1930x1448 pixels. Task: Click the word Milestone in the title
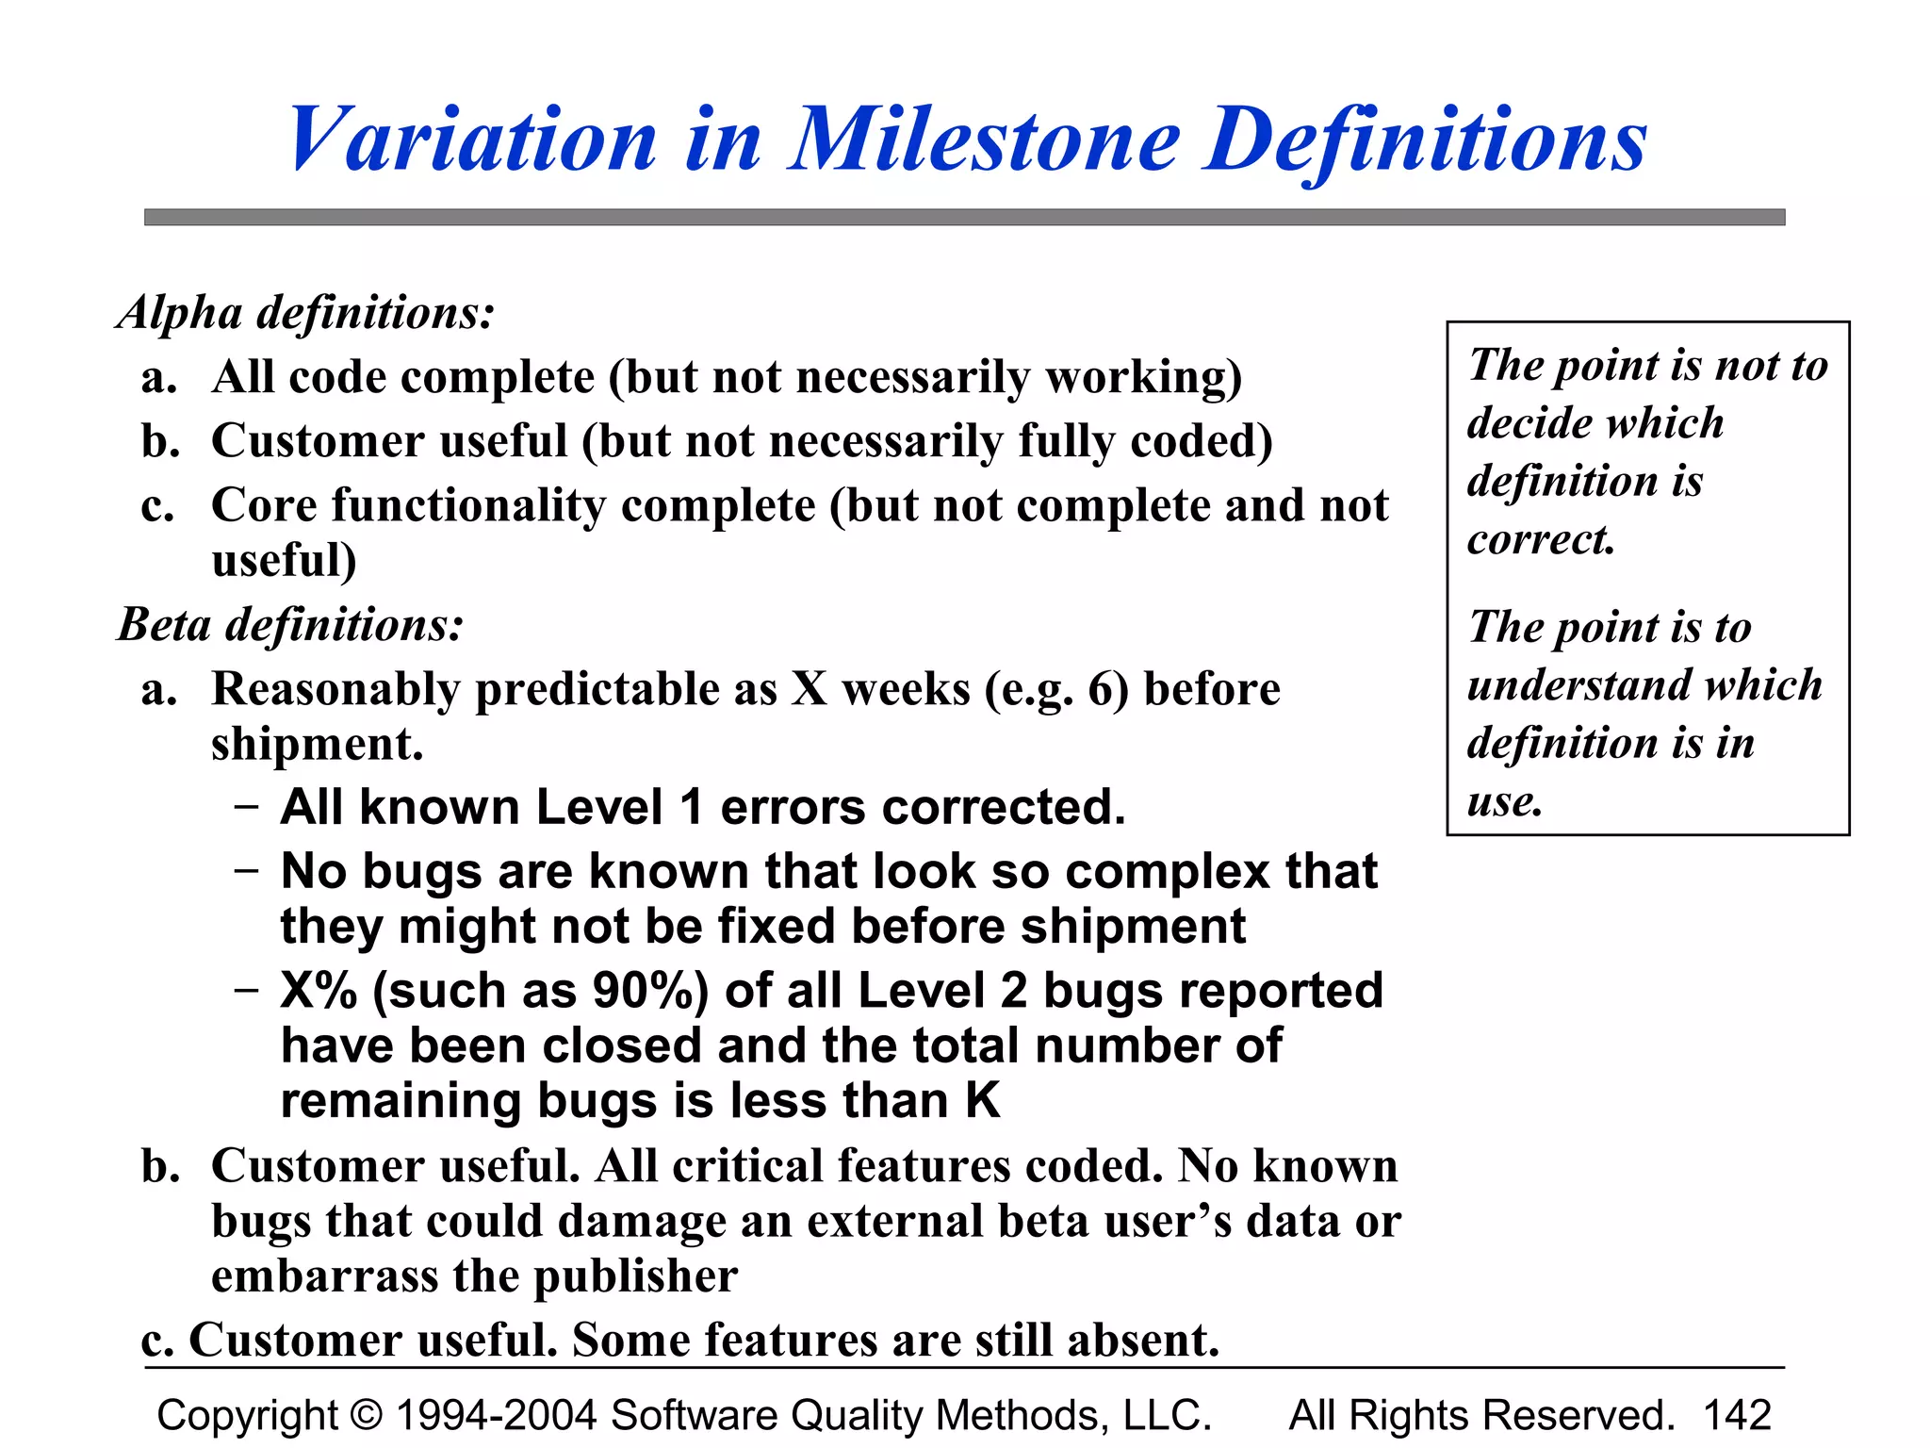(x=985, y=140)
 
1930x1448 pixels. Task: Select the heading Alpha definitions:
(x=305, y=312)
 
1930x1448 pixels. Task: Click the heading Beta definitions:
(x=290, y=624)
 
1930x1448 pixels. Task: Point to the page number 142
(x=1737, y=1415)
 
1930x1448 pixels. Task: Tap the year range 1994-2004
(x=497, y=1415)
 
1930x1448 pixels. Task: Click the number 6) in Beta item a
(x=1108, y=689)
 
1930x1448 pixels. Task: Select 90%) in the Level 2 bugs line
(x=650, y=992)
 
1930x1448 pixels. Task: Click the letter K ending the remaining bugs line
(x=982, y=1101)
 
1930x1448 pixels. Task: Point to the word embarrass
(x=324, y=1276)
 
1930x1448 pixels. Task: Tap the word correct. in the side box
(x=1542, y=540)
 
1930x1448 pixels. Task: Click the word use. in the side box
(x=1505, y=802)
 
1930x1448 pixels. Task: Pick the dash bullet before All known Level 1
(x=247, y=808)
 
